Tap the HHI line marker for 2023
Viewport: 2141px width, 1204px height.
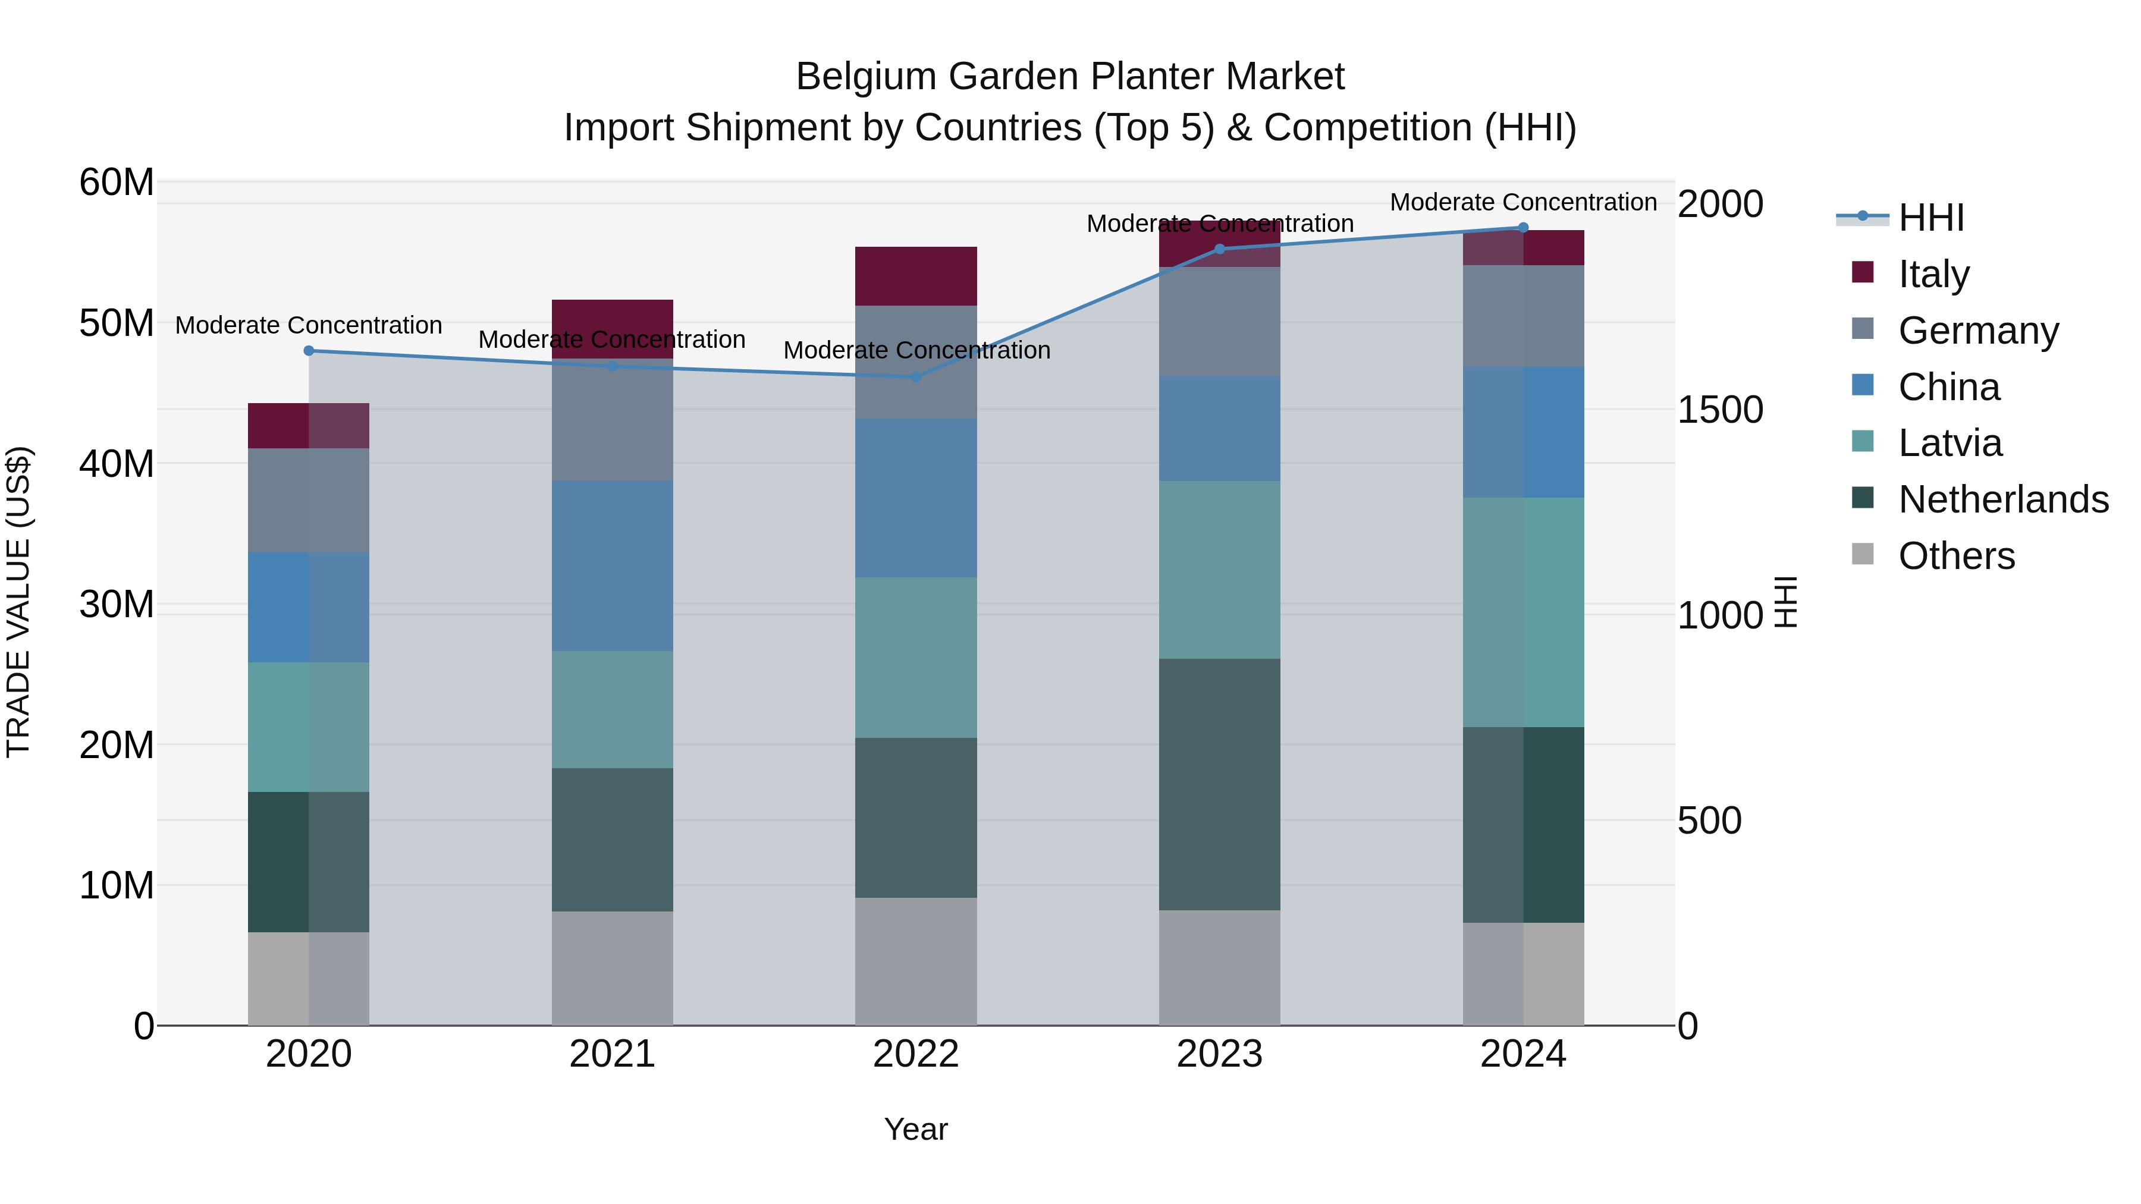point(1219,249)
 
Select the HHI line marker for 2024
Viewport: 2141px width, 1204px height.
point(1522,228)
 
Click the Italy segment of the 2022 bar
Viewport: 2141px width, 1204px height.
point(915,276)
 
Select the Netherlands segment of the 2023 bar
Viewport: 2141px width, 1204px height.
point(1219,784)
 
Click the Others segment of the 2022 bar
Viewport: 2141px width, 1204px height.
point(915,961)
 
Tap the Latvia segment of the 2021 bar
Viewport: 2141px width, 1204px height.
point(612,709)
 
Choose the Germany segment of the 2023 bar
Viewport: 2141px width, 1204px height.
point(1219,322)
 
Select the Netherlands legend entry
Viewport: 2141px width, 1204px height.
point(2002,499)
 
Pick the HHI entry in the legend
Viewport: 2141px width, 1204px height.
point(1930,218)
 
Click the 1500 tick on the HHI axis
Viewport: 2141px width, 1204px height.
point(1719,410)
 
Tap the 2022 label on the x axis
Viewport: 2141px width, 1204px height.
point(915,1054)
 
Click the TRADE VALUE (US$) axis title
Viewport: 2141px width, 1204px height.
point(18,602)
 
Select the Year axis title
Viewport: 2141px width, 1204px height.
point(915,1129)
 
